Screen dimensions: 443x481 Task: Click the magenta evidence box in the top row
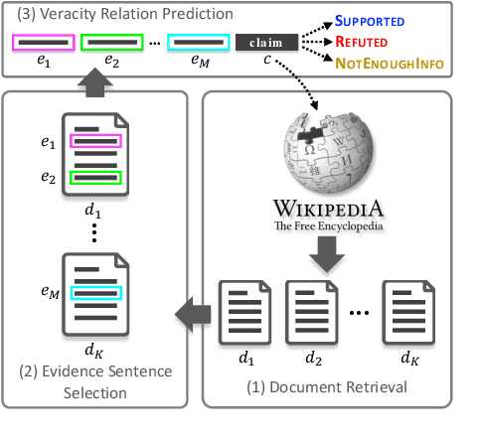tap(42, 44)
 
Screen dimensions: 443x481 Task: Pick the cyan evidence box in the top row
tap(199, 44)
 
